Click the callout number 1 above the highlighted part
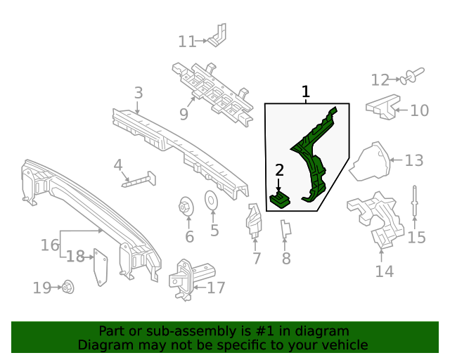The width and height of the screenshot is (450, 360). point(305,92)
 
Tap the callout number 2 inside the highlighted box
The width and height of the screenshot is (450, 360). point(279,169)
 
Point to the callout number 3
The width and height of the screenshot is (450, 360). point(139,92)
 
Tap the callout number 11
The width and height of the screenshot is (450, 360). point(186,42)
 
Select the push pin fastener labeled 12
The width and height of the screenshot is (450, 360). point(415,75)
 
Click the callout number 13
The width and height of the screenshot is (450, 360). point(413,161)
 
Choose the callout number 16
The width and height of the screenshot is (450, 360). point(50,245)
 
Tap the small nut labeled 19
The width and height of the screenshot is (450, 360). point(69,287)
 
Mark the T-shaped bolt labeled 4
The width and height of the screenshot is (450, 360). point(141,180)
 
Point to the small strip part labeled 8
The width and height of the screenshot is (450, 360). point(285,230)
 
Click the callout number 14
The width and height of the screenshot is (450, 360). point(384,271)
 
